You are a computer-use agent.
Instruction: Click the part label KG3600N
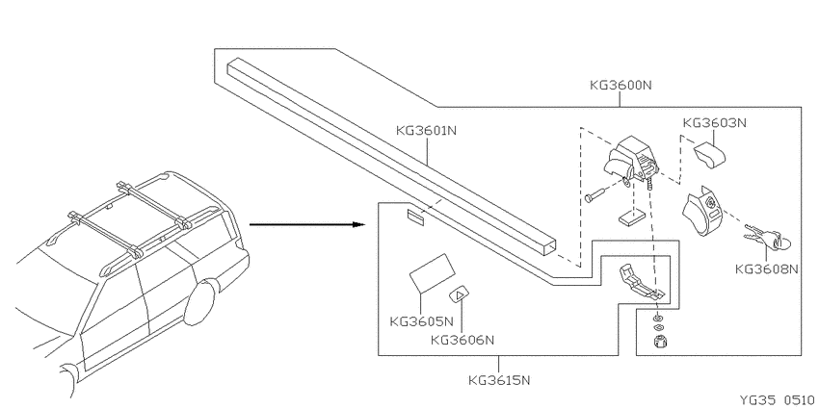pyautogui.click(x=621, y=85)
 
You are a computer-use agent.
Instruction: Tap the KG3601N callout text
pyautogui.click(x=426, y=130)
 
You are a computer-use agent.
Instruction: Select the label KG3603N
pyautogui.click(x=715, y=122)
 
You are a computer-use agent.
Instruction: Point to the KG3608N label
pyautogui.click(x=767, y=268)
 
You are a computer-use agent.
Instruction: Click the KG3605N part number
pyautogui.click(x=421, y=320)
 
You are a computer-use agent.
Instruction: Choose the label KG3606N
pyautogui.click(x=462, y=340)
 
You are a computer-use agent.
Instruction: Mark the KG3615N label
pyautogui.click(x=499, y=380)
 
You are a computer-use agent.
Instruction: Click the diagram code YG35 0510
pyautogui.click(x=779, y=400)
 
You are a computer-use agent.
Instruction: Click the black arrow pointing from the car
pyautogui.click(x=306, y=224)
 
